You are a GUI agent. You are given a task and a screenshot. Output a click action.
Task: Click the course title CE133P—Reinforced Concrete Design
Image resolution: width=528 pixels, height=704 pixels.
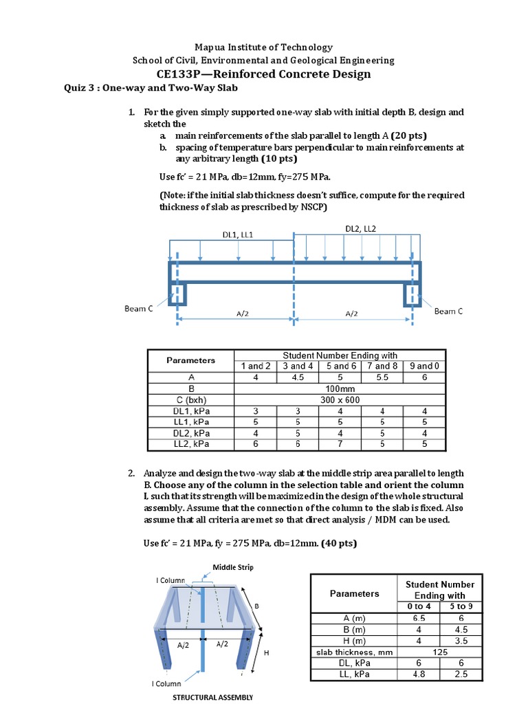pyautogui.click(x=263, y=74)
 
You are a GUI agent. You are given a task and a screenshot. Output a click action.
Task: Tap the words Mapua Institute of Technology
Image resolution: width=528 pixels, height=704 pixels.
pyautogui.click(x=263, y=47)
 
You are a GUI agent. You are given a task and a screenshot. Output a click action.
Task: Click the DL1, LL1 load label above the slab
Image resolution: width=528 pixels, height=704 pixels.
pyautogui.click(x=238, y=234)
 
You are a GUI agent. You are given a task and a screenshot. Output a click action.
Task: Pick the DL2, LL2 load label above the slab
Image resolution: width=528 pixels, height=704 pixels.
pyautogui.click(x=360, y=229)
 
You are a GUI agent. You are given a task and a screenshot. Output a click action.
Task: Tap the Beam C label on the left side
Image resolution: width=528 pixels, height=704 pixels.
pyautogui.click(x=139, y=309)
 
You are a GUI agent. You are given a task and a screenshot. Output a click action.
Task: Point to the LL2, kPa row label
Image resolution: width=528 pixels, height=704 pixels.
pyautogui.click(x=191, y=444)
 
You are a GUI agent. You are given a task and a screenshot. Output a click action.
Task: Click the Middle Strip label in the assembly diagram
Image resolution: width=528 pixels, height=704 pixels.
pyautogui.click(x=233, y=567)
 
